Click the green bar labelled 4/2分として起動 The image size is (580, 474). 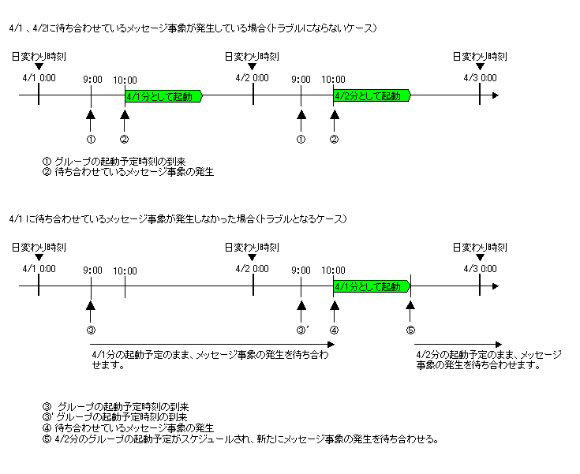[372, 96]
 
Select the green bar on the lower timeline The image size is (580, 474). [372, 286]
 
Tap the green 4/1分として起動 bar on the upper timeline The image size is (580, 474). [163, 96]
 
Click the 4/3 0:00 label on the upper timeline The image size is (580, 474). [481, 78]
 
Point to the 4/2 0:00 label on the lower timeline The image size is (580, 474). [253, 268]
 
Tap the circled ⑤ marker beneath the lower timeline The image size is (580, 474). [410, 329]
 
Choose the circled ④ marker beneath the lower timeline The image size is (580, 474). [334, 329]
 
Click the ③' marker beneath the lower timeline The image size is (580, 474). [301, 329]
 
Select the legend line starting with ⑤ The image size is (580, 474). [241, 439]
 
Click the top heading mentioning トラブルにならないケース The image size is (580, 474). [193, 28]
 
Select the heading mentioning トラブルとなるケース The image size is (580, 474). [178, 218]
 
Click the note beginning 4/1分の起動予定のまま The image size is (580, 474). [210, 360]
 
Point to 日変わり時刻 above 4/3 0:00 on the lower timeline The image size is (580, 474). [480, 247]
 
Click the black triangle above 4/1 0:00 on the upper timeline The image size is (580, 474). [39, 67]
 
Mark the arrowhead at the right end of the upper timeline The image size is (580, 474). [495, 96]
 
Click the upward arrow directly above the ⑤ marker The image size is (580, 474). [410, 308]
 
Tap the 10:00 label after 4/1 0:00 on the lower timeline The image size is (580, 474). [125, 271]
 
